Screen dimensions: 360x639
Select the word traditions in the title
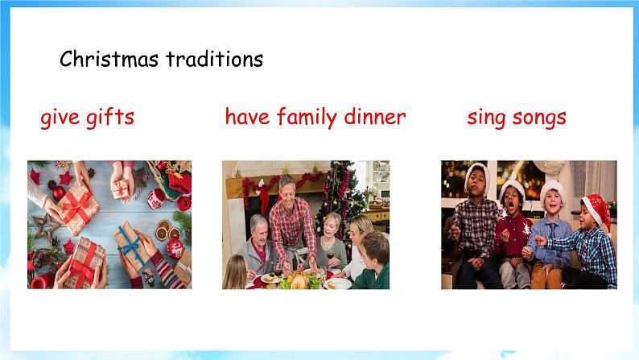pos(214,60)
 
